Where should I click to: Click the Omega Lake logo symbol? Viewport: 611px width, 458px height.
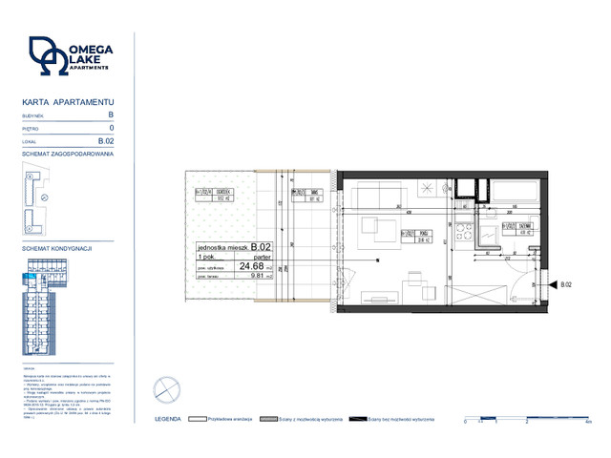[48, 57]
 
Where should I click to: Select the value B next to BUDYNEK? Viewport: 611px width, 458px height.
[111, 114]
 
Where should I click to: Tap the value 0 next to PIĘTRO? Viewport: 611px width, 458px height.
[112, 127]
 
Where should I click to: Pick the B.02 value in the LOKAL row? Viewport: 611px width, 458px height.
[107, 140]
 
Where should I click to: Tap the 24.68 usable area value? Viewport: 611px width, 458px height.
[251, 266]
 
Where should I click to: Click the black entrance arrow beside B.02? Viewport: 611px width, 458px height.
[553, 284]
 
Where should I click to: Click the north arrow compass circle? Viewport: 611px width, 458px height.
[164, 388]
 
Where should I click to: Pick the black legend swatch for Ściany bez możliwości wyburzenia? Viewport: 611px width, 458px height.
[358, 419]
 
